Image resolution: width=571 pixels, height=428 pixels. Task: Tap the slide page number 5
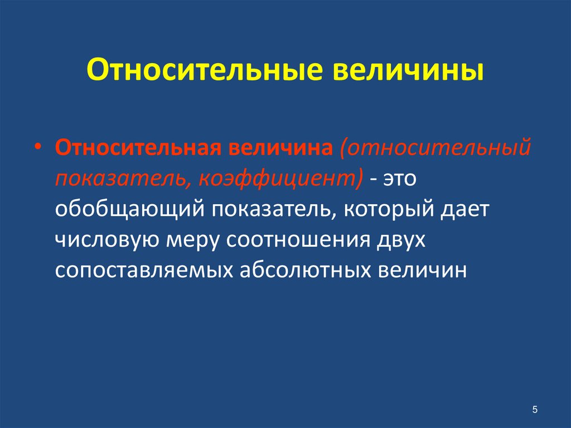pyautogui.click(x=535, y=410)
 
